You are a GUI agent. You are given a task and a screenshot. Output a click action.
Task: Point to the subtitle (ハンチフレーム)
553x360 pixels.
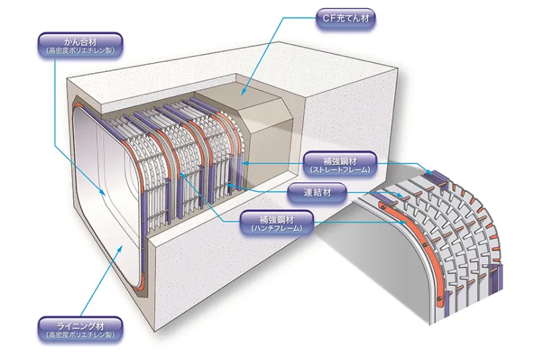[x=276, y=227]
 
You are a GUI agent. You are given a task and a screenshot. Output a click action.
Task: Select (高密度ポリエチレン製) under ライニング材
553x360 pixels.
[x=79, y=335]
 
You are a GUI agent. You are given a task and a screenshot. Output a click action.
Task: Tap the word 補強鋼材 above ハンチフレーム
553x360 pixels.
[x=276, y=218]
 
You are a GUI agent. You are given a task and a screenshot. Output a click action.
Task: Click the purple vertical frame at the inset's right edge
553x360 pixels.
[x=496, y=280]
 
